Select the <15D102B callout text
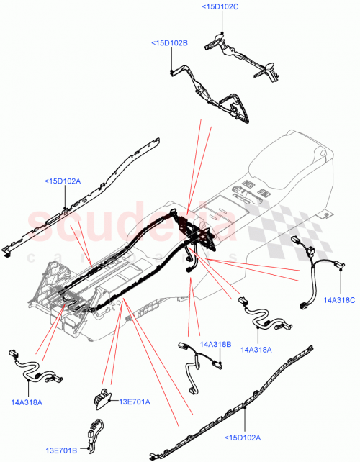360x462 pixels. click(x=169, y=43)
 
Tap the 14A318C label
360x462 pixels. click(x=339, y=299)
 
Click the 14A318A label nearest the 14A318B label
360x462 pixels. click(x=257, y=350)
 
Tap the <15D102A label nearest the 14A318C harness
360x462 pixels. click(x=243, y=436)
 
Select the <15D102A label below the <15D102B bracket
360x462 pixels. click(x=63, y=181)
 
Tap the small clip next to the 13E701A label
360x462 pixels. click(x=103, y=395)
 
